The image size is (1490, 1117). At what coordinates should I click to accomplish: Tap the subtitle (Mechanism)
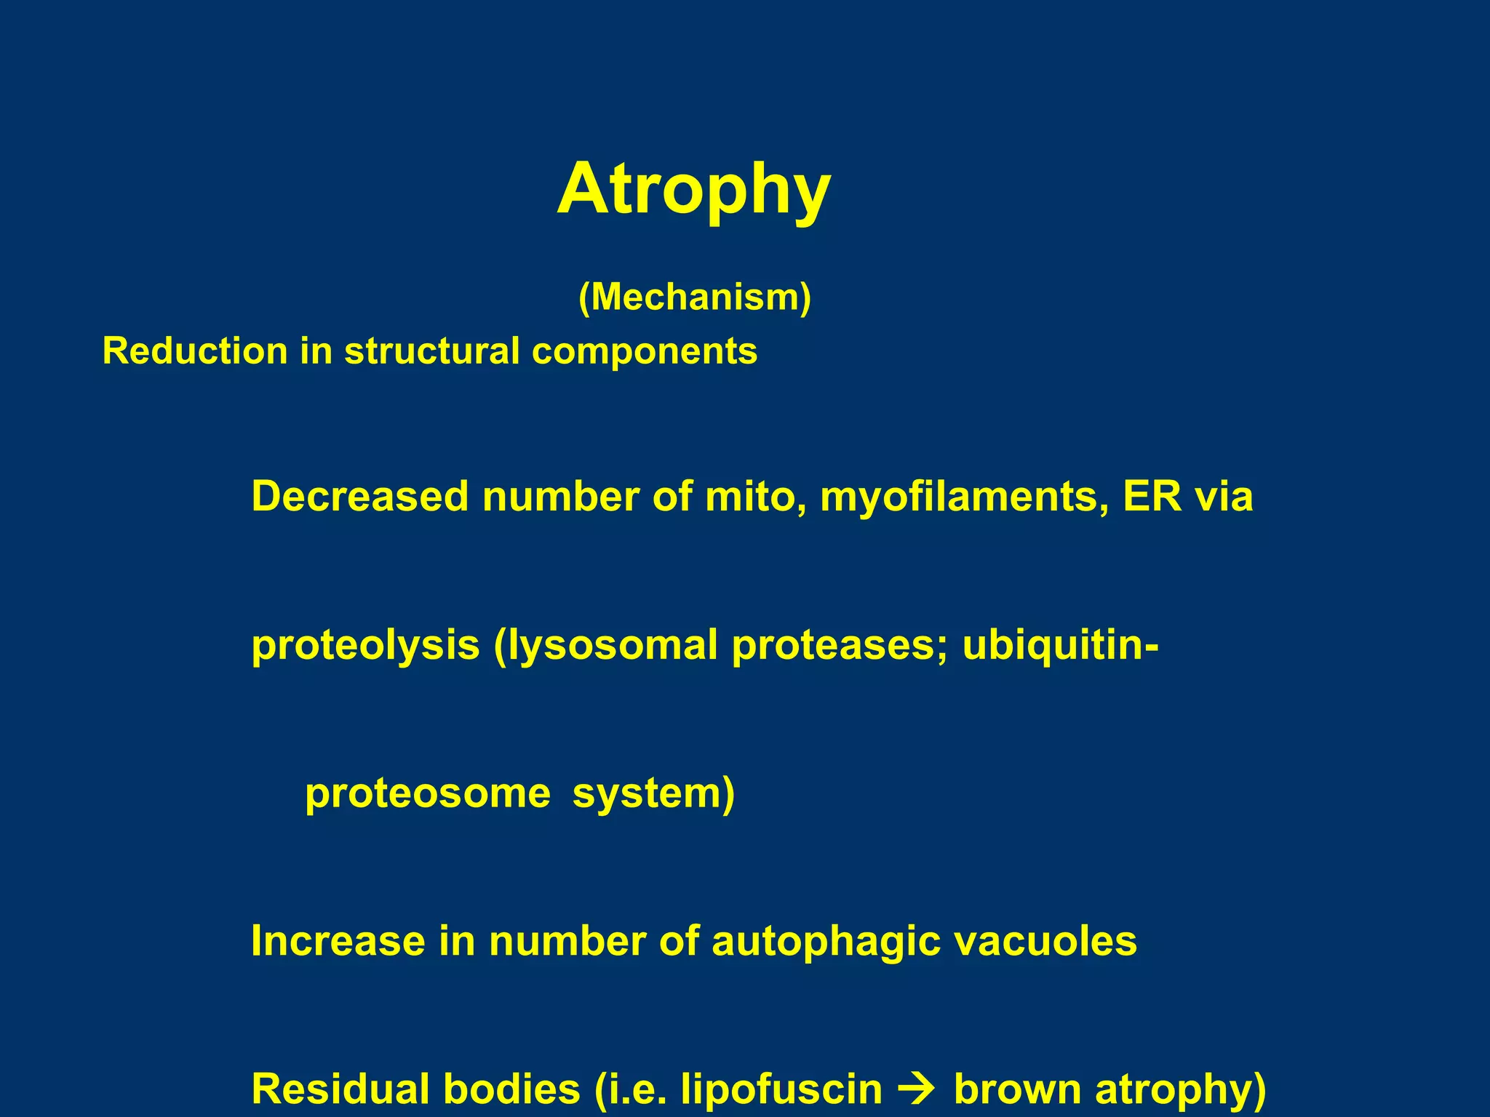coord(695,297)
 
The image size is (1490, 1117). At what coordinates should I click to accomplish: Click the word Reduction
coord(195,351)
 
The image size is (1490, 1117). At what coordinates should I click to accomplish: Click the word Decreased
coord(360,497)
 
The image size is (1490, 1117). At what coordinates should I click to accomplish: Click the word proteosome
coord(428,793)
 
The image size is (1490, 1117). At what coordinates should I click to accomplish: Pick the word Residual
coord(342,1089)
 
